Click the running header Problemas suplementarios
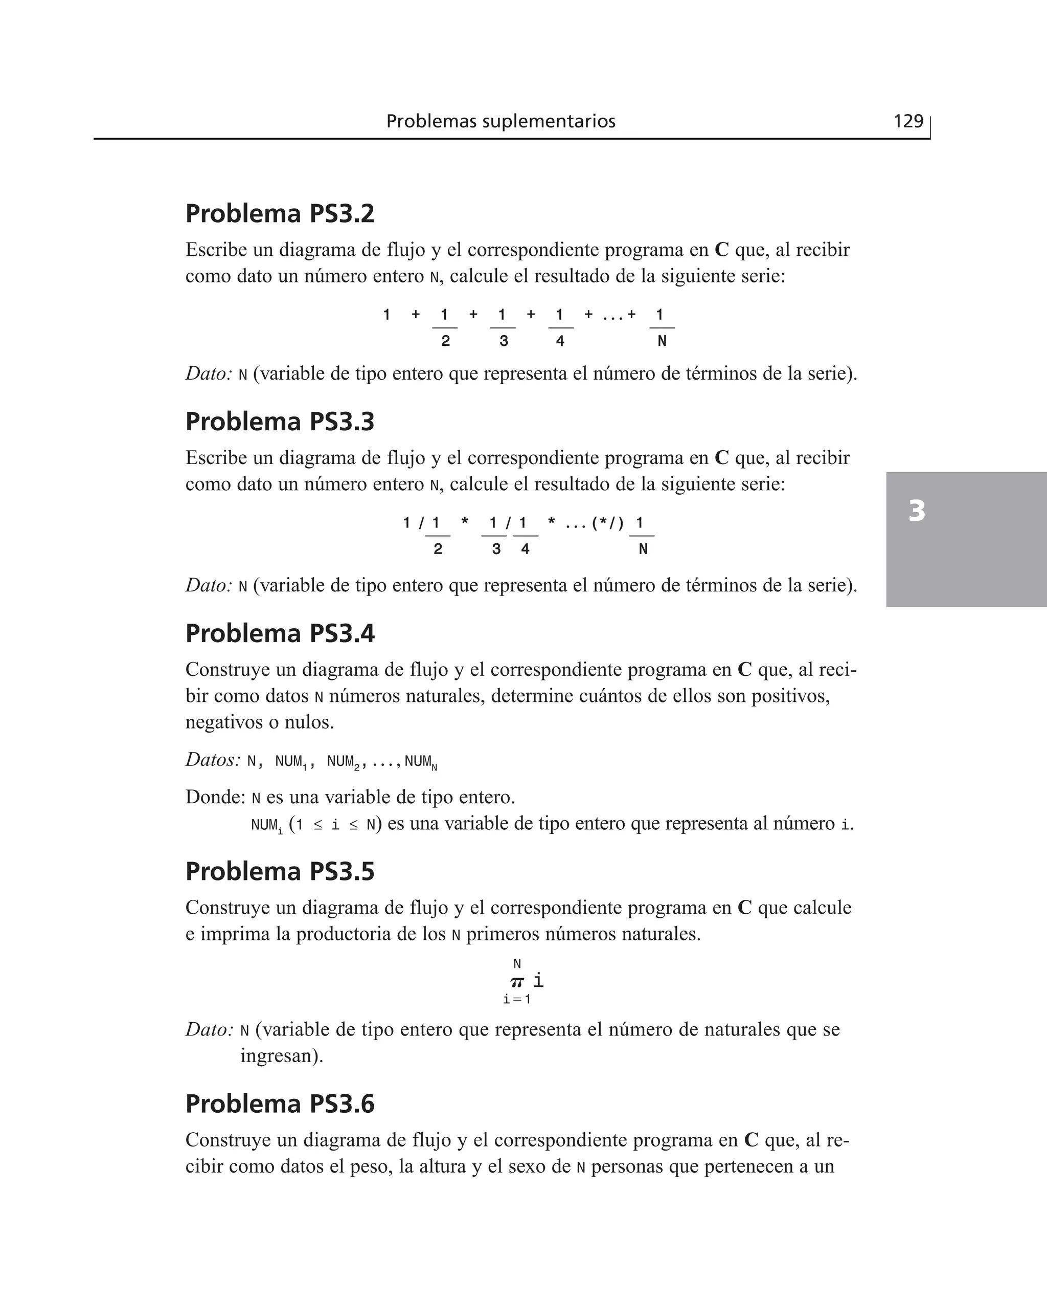point(500,121)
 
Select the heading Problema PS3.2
point(280,214)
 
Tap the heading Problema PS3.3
point(280,421)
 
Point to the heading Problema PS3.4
point(280,633)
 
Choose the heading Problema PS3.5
point(280,871)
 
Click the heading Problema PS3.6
point(280,1104)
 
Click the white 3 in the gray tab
point(917,511)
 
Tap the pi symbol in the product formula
point(517,982)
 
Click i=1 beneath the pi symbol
point(517,999)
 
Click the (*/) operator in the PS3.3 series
point(607,522)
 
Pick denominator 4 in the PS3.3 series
point(526,549)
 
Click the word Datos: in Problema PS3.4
point(213,760)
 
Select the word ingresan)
point(282,1055)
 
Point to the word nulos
point(309,722)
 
